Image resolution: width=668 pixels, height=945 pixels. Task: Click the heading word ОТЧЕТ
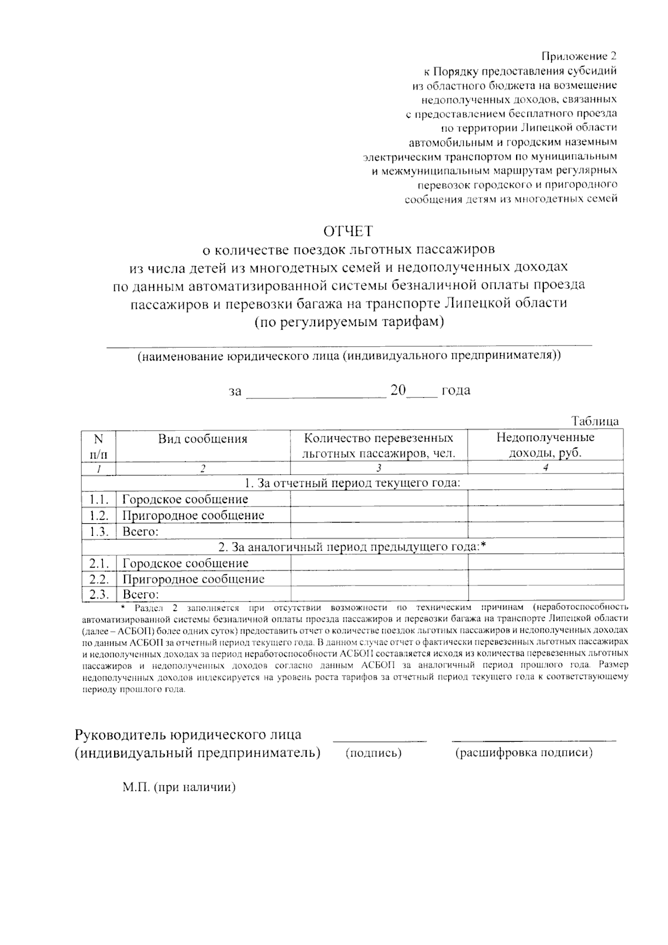pos(348,230)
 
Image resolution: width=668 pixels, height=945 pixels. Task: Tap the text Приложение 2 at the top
pos(579,56)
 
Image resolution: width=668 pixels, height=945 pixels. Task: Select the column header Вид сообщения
pos(203,439)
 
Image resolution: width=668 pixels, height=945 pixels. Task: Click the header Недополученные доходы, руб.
pos(545,445)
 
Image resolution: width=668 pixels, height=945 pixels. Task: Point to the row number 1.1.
pos(98,499)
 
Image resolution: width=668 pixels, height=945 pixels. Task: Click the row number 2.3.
pos(98,594)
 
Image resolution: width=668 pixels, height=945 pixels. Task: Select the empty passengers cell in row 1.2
pos(379,515)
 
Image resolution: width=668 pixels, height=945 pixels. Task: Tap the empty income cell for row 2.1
pos(545,563)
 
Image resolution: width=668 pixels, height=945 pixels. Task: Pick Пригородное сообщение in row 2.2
pos(193,579)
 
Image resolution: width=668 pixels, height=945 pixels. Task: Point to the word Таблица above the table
pos(595,421)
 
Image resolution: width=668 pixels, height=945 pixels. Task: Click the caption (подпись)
pos(374,754)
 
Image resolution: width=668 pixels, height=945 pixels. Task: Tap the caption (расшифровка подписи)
pos(524,754)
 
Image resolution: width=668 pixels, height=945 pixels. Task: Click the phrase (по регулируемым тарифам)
pos(349,322)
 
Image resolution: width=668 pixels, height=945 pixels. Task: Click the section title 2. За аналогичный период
pos(352,547)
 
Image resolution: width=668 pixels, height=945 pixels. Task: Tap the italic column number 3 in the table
pos(379,468)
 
